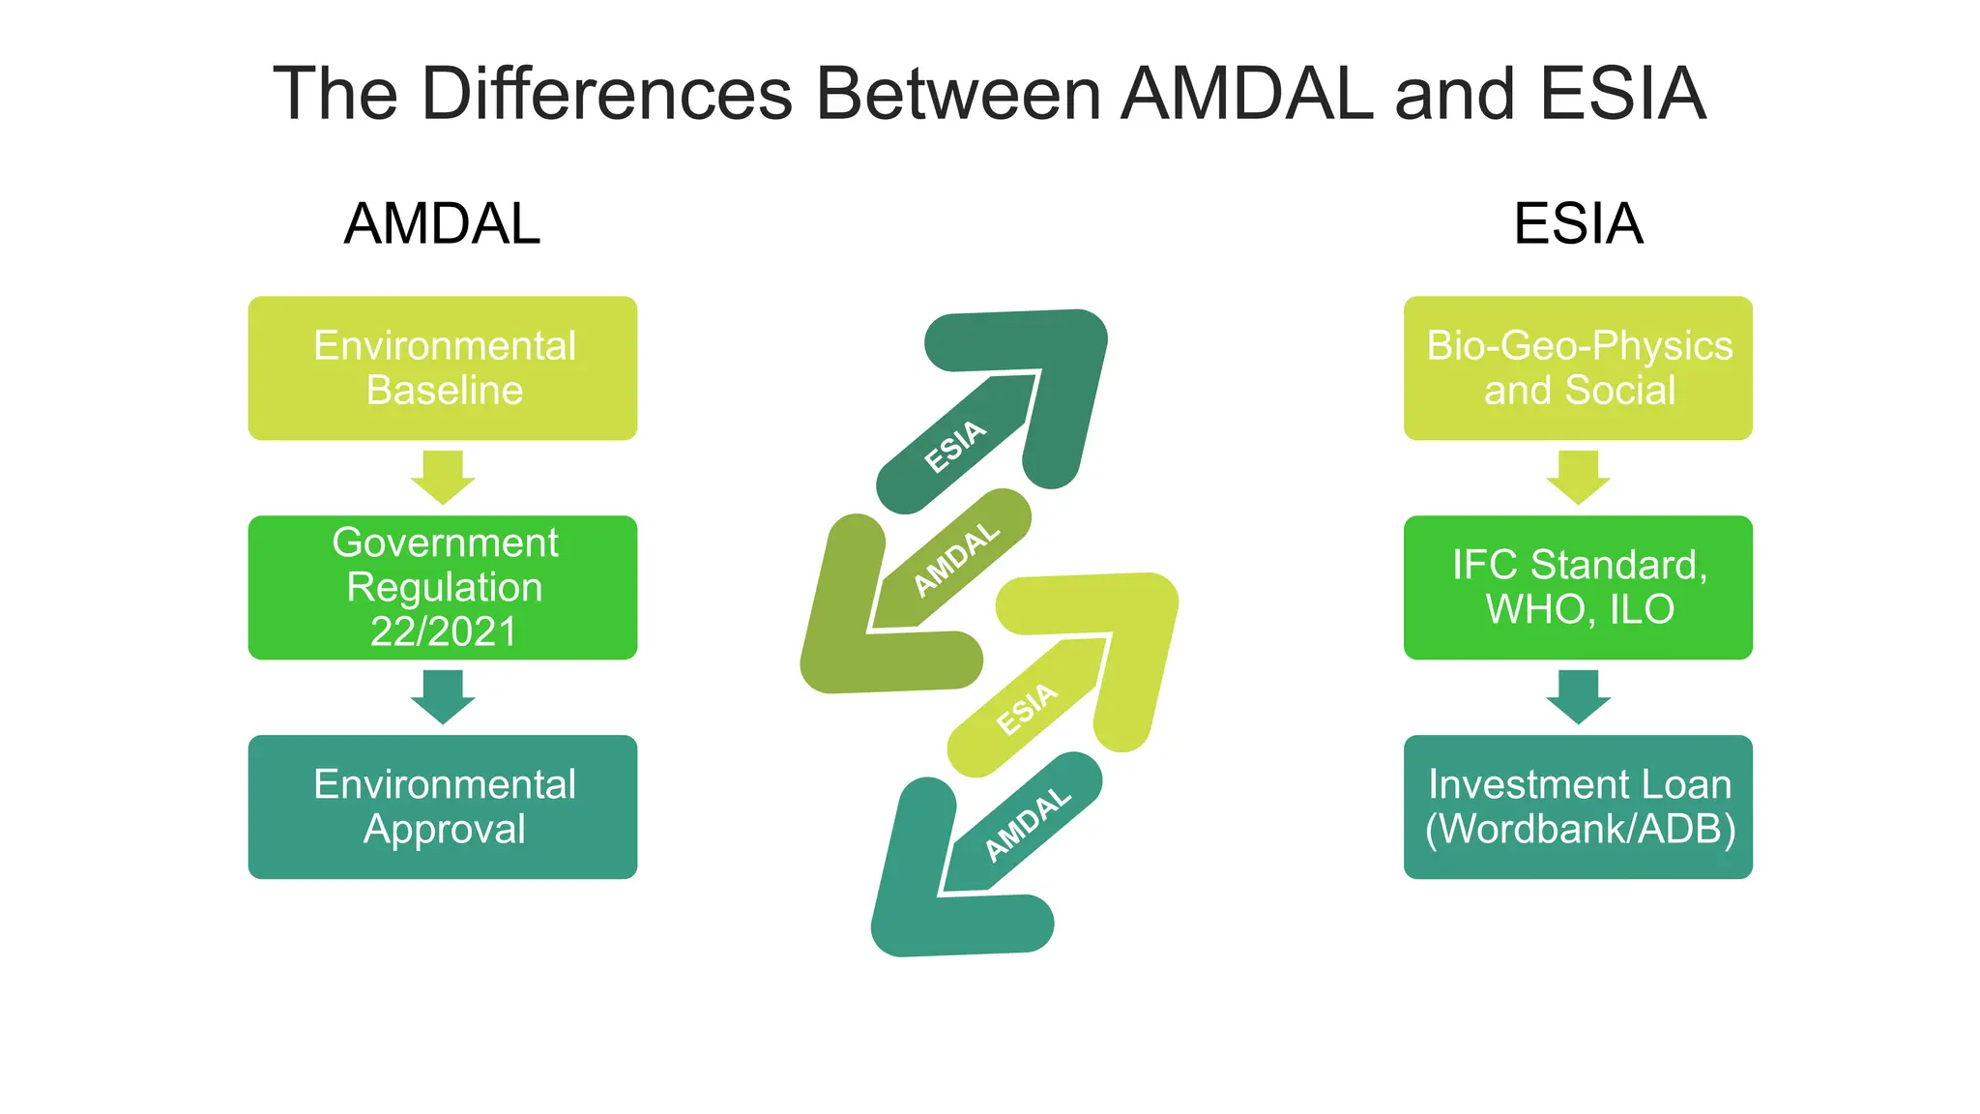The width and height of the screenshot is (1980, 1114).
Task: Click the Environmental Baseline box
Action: coord(443,368)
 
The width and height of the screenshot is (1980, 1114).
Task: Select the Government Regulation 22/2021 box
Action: coord(443,587)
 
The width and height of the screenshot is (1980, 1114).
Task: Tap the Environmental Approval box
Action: coord(443,806)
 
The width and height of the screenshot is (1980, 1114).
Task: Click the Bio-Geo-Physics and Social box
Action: coord(1578,368)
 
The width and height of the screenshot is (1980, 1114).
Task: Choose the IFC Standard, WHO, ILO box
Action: coord(1578,587)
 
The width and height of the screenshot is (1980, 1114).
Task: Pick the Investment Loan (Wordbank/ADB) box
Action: coord(1578,806)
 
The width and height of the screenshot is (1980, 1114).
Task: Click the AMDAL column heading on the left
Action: coord(442,223)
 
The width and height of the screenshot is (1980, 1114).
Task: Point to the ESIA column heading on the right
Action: coord(1578,223)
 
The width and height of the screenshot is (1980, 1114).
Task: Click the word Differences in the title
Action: coord(607,94)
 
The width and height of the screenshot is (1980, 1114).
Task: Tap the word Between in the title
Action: coord(958,94)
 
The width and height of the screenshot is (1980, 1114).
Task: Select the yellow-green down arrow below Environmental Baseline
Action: coord(443,477)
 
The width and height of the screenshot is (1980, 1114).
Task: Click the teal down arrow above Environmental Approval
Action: coord(443,696)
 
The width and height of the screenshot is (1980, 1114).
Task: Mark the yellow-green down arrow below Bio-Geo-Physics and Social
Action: coord(1578,477)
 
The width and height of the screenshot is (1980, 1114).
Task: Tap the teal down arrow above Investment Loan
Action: coord(1578,696)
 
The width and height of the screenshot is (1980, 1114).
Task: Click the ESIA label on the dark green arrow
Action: coord(955,447)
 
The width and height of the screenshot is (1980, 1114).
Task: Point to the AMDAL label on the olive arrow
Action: coord(956,559)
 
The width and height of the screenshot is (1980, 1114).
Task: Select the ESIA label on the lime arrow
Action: coord(1027,709)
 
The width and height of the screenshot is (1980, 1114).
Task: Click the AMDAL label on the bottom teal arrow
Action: coord(1028,824)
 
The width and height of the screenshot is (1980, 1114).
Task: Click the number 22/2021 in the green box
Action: coord(444,631)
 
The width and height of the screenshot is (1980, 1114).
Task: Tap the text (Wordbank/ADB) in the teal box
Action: coord(1580,829)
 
